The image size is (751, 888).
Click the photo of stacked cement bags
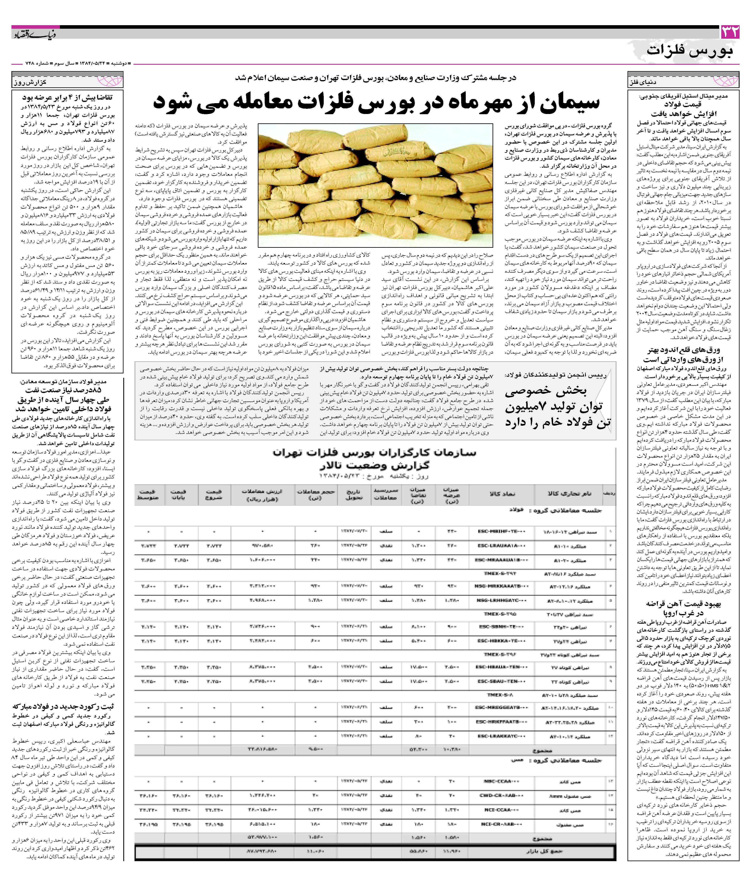point(375,185)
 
